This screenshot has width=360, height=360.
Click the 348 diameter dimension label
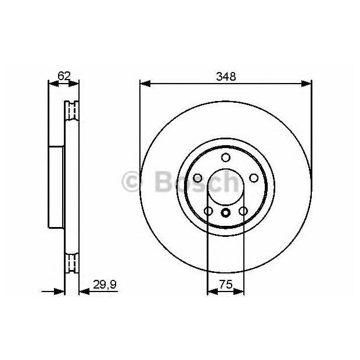coord(226,77)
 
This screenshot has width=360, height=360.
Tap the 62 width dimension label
coord(64,75)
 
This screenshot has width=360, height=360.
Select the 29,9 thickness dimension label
coord(105,285)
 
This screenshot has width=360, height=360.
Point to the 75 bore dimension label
coord(226,285)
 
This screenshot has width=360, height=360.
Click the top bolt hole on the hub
coord(226,157)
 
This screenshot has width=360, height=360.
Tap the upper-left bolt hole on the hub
coord(197,178)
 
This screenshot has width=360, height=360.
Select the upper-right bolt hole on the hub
coord(254,178)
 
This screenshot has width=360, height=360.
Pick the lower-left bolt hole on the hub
coord(208,211)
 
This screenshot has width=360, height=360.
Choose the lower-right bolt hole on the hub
coord(243,211)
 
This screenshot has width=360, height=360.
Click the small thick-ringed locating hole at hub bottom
coord(226,213)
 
